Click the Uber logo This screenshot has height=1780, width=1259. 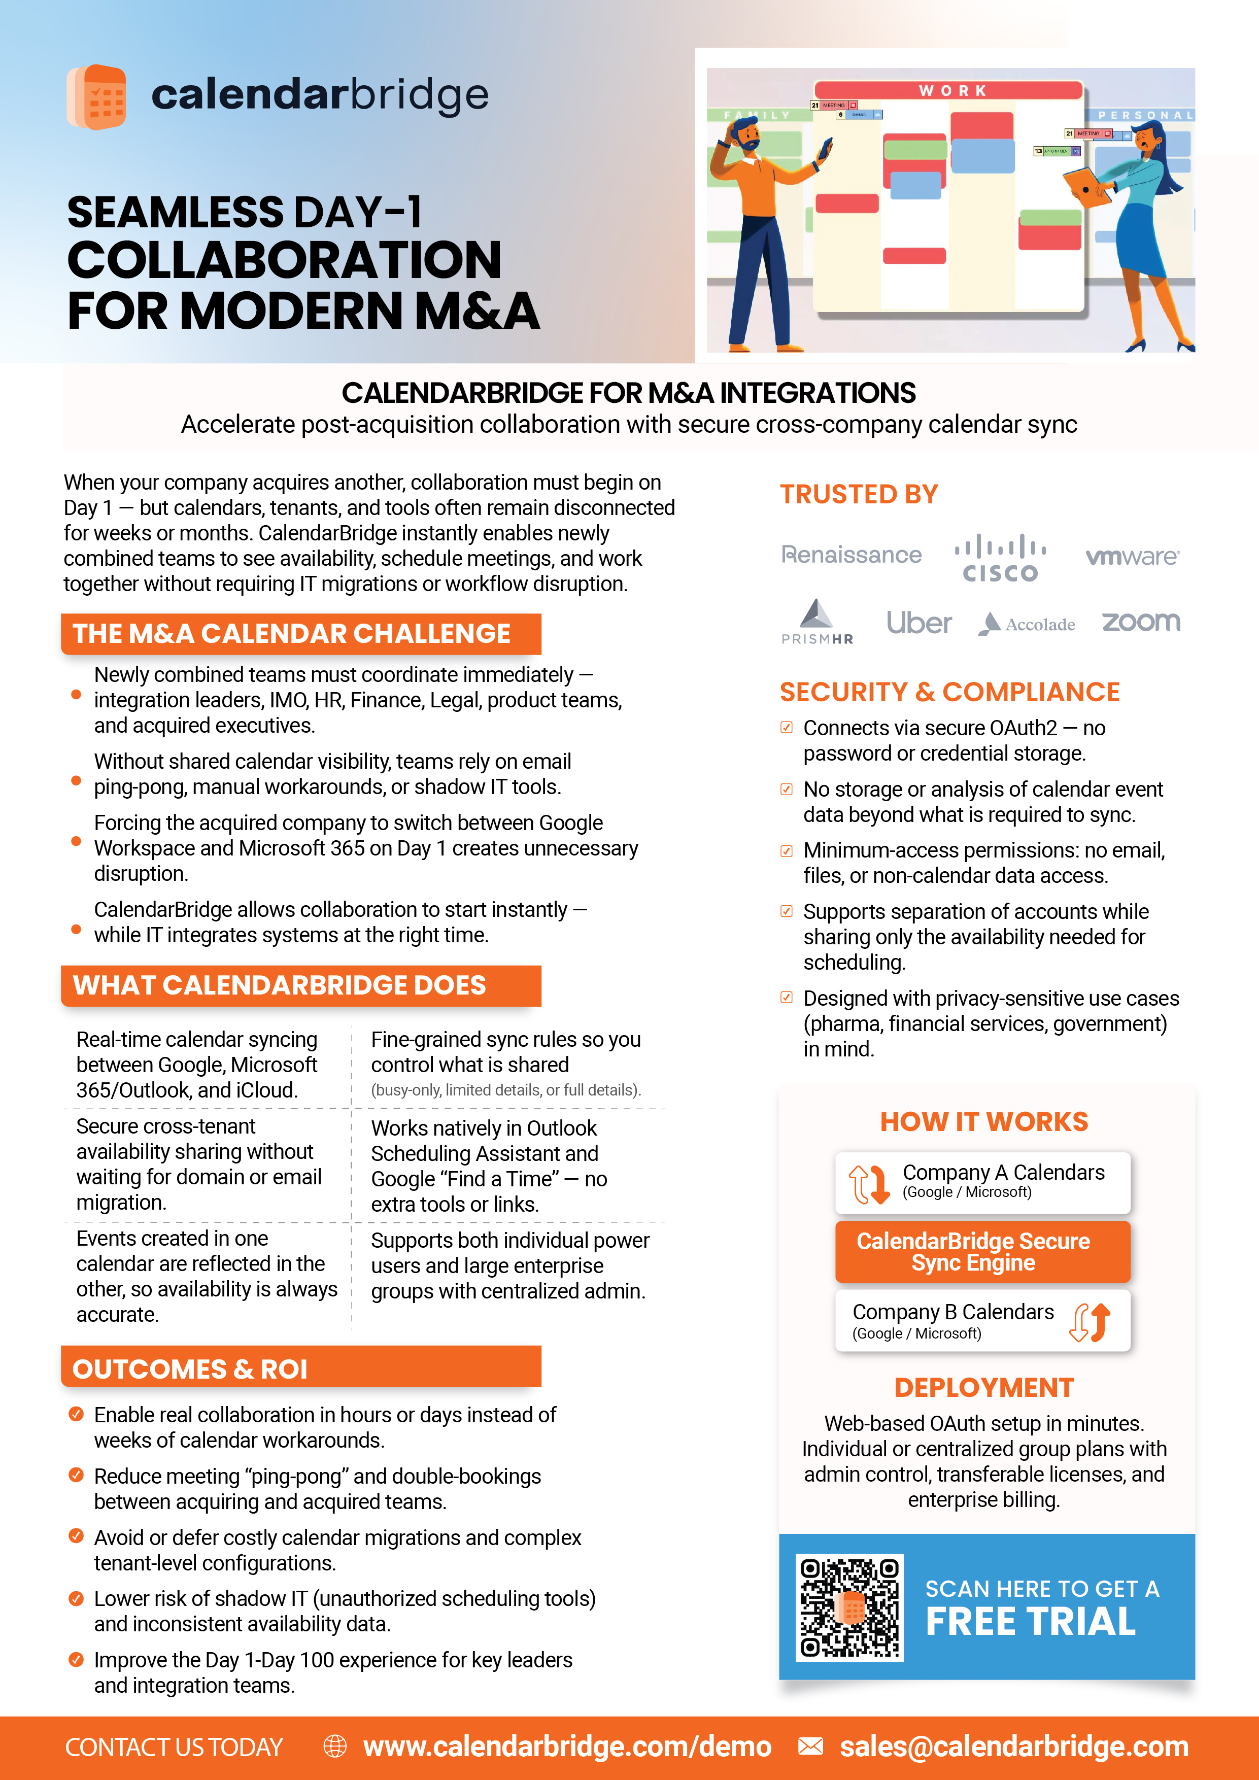(918, 623)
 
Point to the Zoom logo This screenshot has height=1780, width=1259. (1140, 622)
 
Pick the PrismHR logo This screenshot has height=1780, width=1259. (817, 622)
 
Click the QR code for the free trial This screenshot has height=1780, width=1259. (849, 1607)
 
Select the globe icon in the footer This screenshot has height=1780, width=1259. (335, 1746)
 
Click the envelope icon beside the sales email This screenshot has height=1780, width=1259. (810, 1746)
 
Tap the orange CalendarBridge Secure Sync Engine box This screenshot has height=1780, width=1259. (982, 1251)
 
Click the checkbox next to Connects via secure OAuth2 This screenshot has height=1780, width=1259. (786, 727)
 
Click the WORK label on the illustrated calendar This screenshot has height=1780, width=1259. (953, 91)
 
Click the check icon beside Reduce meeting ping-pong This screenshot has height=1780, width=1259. (76, 1475)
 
